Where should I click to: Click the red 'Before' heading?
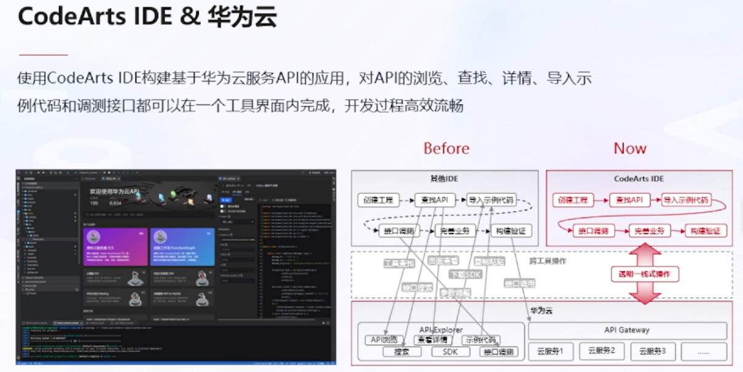coord(446,149)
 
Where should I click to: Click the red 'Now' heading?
coord(630,149)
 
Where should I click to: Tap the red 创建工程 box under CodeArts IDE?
coord(574,200)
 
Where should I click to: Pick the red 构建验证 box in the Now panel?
coord(706,231)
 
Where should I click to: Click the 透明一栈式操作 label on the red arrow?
coord(645,274)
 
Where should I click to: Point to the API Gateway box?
coord(626,330)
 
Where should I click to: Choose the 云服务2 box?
coord(601,352)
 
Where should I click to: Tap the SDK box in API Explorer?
coord(442,352)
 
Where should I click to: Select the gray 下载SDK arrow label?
coord(465,274)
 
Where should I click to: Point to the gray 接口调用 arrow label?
coord(519,284)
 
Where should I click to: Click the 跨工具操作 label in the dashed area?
coord(548,262)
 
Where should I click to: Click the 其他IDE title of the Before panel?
coord(444,179)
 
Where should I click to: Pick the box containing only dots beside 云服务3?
coord(704,352)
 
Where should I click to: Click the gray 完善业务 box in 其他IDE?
coord(455,231)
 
